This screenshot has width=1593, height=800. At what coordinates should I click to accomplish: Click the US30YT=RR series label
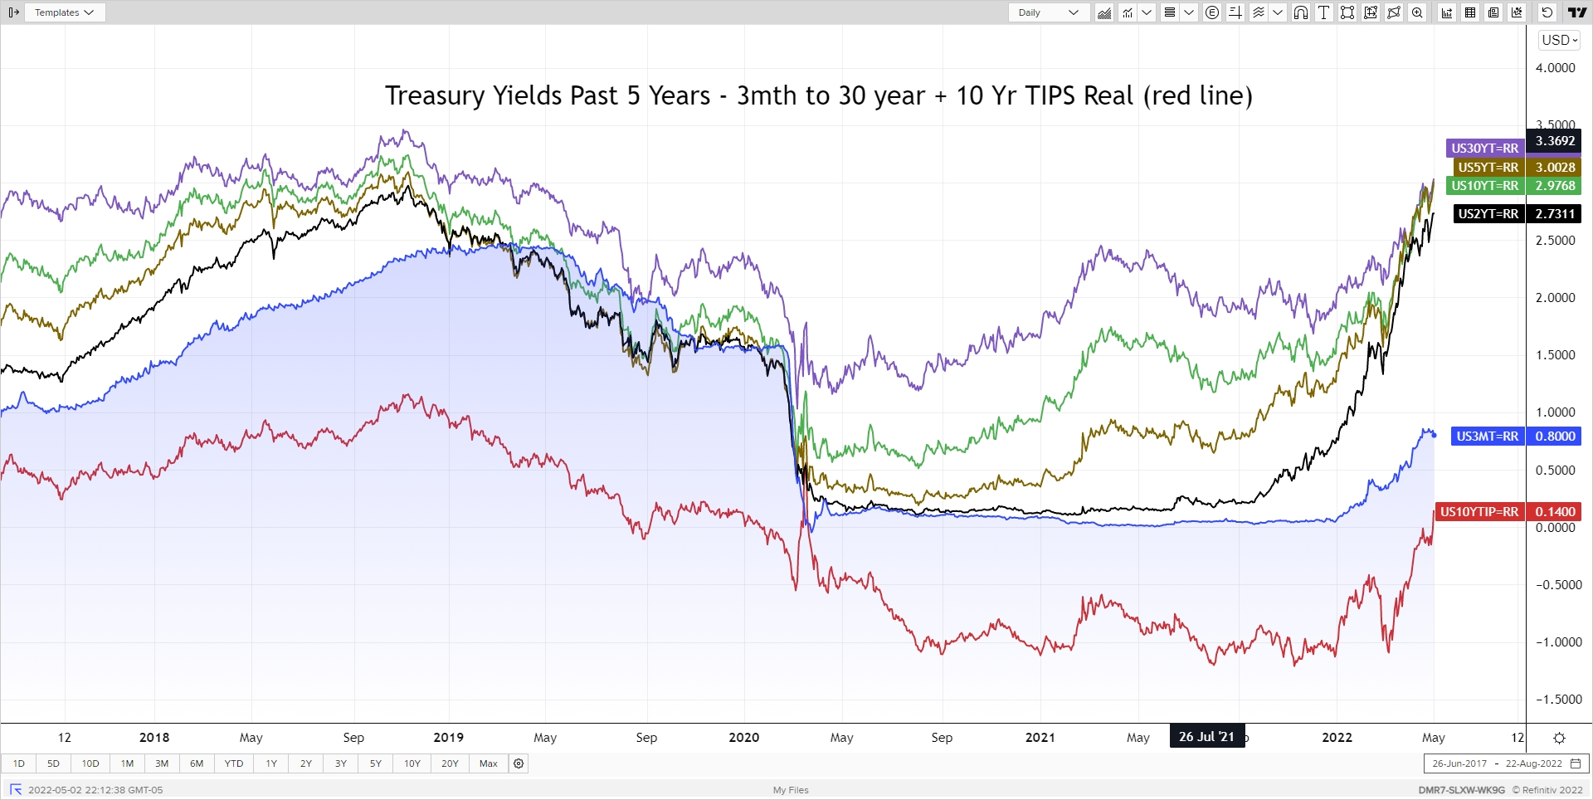(1484, 149)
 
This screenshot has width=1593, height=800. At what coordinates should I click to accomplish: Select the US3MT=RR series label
(1487, 437)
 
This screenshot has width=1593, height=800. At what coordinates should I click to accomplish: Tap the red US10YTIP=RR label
(1479, 512)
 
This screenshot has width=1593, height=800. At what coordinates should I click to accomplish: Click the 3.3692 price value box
(1554, 141)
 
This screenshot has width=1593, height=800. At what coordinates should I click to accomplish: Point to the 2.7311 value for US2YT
(1554, 214)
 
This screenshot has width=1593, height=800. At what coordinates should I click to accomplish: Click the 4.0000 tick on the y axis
(1555, 68)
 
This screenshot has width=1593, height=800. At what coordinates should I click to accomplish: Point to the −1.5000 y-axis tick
(1558, 700)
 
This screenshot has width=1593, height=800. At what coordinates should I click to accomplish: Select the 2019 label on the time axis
(449, 738)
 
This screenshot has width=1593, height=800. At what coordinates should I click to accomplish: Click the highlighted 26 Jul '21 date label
(1206, 737)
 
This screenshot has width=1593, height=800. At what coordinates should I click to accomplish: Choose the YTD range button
(234, 763)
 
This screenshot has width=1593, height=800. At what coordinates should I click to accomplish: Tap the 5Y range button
(376, 763)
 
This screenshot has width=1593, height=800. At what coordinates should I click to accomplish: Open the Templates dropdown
(65, 12)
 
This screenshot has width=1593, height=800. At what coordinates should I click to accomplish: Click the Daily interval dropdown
(1049, 12)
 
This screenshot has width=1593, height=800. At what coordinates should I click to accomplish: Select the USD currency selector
(1559, 40)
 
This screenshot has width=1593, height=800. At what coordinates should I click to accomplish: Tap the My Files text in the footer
(791, 790)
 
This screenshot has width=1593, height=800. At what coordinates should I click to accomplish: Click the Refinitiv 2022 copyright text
(1547, 790)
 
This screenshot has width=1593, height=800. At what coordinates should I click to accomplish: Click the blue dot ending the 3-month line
(1434, 436)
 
